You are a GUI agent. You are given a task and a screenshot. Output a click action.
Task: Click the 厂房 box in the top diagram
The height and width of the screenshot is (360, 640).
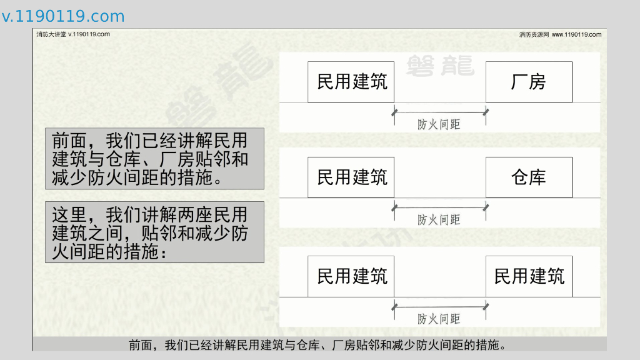pos(529,82)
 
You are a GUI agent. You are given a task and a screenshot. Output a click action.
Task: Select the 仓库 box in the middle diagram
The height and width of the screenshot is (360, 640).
pos(529,177)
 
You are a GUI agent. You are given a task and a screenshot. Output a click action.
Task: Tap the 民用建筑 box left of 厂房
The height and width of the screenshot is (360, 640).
pos(351,82)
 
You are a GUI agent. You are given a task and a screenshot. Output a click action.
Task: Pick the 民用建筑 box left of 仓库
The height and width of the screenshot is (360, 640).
pos(351,177)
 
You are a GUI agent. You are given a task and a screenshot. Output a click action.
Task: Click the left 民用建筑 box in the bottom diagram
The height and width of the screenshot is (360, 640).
pos(351,276)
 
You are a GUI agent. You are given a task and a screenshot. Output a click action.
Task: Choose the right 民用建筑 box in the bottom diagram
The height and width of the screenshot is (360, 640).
pos(529,276)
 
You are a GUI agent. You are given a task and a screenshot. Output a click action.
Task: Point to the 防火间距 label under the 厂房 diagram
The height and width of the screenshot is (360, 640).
pos(439,124)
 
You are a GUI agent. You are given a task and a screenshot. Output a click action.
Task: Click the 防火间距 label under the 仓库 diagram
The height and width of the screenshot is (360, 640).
pos(439,219)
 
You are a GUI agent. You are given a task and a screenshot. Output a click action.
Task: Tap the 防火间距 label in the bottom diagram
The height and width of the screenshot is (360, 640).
pos(439,319)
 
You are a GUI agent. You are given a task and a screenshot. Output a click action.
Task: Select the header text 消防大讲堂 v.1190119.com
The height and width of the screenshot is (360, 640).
pos(73,34)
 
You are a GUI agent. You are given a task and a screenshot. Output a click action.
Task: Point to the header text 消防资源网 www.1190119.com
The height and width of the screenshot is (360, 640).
pos(560,34)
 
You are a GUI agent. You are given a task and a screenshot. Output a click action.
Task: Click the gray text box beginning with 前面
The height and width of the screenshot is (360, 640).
pos(154,159)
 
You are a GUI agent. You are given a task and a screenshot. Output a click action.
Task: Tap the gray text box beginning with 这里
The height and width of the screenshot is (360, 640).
pos(154,232)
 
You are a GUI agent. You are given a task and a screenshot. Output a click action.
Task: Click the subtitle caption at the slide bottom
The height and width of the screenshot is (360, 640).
pos(317,345)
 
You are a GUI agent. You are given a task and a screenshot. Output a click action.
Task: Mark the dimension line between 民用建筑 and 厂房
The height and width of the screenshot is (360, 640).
pos(440,112)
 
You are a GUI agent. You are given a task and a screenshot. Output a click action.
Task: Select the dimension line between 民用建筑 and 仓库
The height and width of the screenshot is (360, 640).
pos(440,207)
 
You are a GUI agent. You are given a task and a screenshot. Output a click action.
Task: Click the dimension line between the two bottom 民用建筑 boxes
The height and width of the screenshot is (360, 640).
pos(440,306)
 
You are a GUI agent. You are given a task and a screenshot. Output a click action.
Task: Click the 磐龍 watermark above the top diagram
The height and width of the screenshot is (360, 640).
pos(439,65)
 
